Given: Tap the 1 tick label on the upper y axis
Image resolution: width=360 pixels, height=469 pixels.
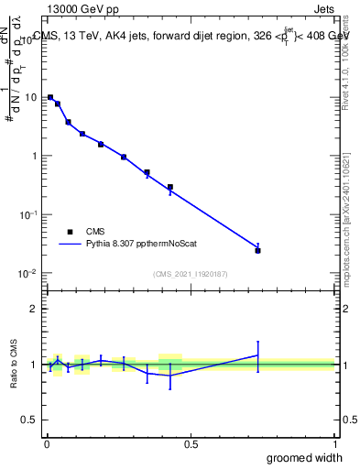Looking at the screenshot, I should click(x=33, y=156).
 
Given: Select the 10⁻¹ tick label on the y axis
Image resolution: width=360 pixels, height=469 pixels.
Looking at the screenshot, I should click(x=28, y=214).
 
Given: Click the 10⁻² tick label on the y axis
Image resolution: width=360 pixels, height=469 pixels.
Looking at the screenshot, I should click(x=28, y=273).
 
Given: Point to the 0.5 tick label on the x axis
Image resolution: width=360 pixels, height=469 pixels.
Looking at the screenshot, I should click(x=191, y=443).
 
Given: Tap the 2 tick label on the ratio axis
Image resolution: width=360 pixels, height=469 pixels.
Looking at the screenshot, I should click(x=34, y=309).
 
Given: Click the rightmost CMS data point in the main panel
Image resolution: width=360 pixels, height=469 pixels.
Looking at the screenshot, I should click(x=258, y=250).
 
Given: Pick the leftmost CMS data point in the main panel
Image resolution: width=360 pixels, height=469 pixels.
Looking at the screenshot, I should click(x=50, y=97).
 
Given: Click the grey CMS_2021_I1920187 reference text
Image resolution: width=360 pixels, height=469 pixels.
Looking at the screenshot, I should click(x=190, y=274).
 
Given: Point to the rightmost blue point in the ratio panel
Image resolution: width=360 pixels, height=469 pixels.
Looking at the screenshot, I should click(x=258, y=354).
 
